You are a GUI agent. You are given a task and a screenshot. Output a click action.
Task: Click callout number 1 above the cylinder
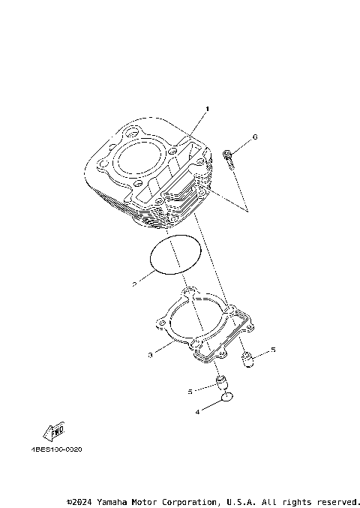[208, 110]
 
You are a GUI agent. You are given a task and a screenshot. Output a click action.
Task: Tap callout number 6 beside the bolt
[254, 137]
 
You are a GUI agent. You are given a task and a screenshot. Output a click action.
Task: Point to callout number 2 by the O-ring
[134, 284]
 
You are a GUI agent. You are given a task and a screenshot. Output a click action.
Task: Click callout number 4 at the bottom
[197, 411]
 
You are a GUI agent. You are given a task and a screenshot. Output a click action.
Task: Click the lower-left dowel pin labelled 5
[221, 384]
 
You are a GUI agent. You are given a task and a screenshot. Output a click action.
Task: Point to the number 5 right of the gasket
[273, 350]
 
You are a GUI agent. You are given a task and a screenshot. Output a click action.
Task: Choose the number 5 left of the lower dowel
[190, 391]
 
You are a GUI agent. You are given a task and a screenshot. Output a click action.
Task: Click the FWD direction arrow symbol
[55, 432]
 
